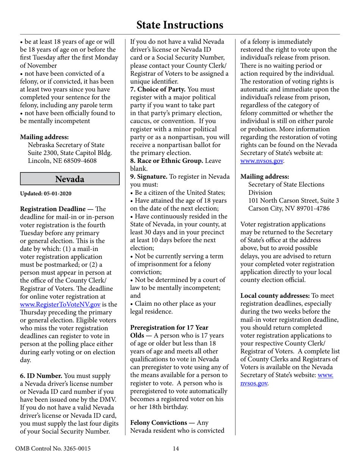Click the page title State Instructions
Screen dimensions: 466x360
[x=180, y=25]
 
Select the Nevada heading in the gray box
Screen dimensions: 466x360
[x=70, y=179]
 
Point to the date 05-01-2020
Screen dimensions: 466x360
[x=58, y=193]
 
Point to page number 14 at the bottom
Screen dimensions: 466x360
[x=176, y=449]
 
